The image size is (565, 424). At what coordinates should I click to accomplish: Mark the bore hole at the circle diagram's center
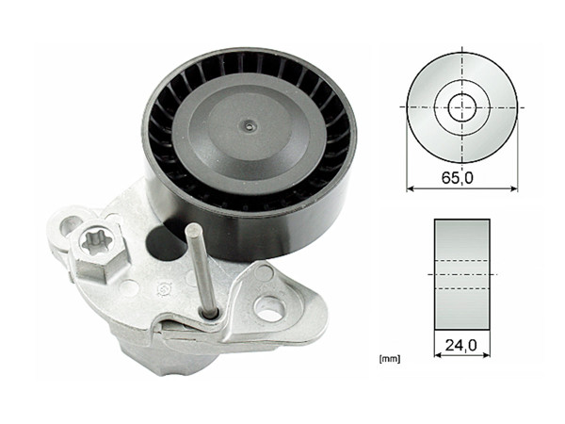pos(462,106)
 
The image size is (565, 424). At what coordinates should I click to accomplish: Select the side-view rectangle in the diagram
pos(462,273)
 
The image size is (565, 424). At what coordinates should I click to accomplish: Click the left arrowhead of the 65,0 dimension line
pos(410,188)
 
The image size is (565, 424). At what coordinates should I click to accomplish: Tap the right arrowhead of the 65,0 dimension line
pos(515,188)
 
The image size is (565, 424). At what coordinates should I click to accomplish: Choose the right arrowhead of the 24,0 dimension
pos(487,357)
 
